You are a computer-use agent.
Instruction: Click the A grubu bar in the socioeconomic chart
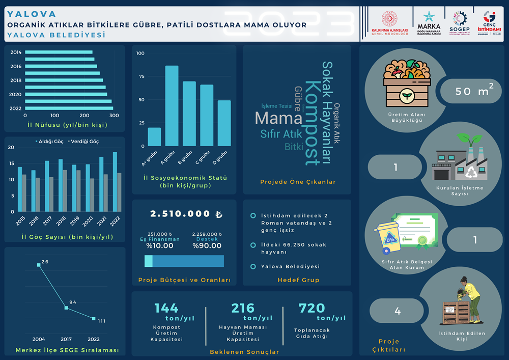172,106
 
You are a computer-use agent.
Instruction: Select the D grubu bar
224,123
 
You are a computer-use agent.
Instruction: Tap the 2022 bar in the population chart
69,108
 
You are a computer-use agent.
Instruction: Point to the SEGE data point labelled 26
39,265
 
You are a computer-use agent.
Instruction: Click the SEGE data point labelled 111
93,319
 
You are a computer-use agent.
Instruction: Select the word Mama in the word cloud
278,118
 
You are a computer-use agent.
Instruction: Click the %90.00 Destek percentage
207,245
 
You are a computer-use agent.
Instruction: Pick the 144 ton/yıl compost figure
166,308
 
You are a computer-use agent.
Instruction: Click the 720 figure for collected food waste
312,308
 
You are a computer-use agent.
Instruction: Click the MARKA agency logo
429,23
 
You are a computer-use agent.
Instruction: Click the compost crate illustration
406,83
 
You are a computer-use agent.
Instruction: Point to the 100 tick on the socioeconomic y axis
140,53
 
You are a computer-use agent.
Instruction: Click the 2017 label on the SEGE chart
66,339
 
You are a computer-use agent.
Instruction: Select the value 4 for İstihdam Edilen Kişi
398,311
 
